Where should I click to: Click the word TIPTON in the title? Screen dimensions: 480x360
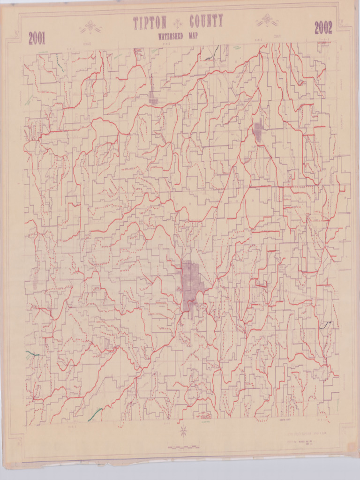(150, 23)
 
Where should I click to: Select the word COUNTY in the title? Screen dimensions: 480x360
(206, 22)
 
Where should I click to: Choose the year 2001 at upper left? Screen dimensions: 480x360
(37, 38)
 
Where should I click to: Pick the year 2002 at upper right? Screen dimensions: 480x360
(323, 28)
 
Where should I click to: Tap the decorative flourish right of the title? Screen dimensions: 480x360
(267, 21)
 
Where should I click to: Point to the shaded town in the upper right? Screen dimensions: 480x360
(258, 132)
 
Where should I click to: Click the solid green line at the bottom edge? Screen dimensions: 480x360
(95, 414)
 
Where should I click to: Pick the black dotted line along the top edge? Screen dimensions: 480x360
(212, 54)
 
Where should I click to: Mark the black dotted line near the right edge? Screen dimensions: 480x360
(326, 325)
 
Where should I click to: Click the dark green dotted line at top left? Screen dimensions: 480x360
(60, 62)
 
